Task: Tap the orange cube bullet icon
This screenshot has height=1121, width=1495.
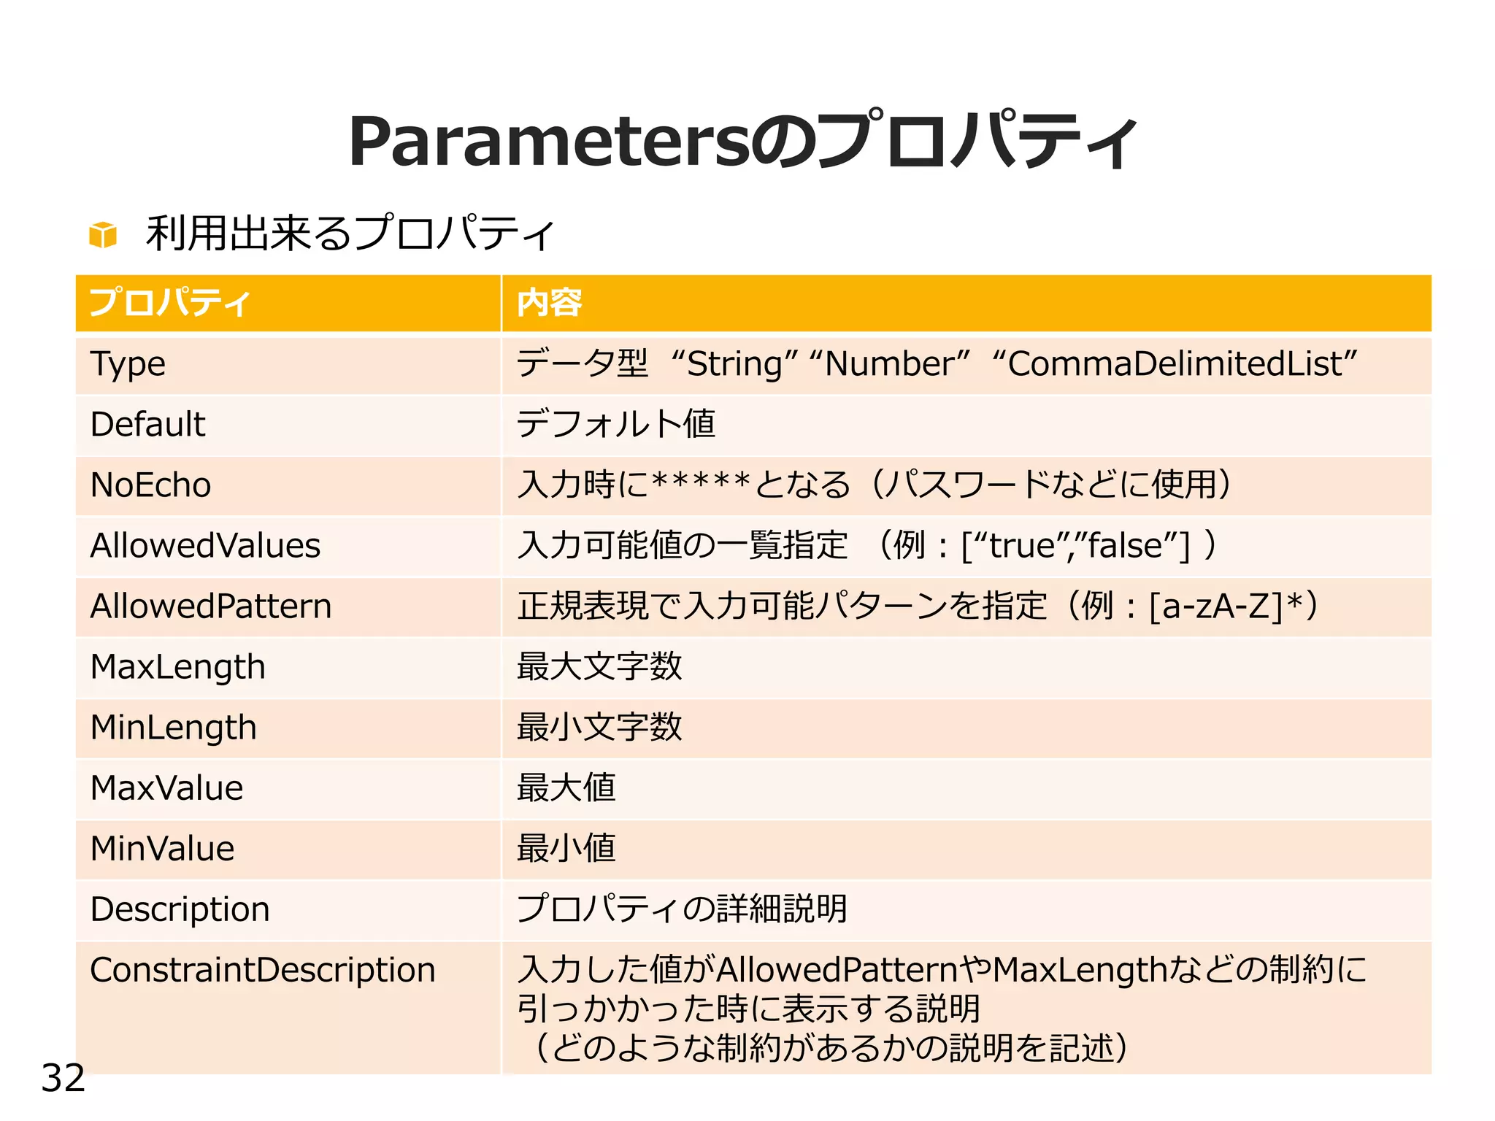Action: click(103, 235)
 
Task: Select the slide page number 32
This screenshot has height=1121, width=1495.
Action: click(63, 1078)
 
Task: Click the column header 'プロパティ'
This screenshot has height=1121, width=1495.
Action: click(169, 303)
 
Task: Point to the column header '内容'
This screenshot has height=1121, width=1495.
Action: click(549, 303)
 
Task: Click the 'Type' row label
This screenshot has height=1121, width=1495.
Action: click(128, 364)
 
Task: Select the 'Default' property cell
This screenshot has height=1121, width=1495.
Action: click(148, 425)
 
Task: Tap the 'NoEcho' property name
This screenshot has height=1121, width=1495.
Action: click(151, 485)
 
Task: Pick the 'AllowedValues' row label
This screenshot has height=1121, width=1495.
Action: click(205, 546)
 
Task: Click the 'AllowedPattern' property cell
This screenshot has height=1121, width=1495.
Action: click(211, 606)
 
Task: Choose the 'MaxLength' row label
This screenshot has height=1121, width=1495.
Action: click(177, 667)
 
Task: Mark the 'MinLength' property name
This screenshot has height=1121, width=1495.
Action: click(174, 728)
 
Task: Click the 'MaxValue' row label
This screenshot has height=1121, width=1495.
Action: click(166, 788)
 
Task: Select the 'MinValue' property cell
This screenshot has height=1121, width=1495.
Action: click(162, 849)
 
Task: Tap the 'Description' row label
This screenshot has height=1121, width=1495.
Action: click(180, 909)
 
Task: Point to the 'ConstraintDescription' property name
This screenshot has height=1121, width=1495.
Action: click(263, 970)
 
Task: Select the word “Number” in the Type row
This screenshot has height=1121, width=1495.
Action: click(889, 363)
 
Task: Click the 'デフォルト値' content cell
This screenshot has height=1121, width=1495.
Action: click(615, 425)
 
